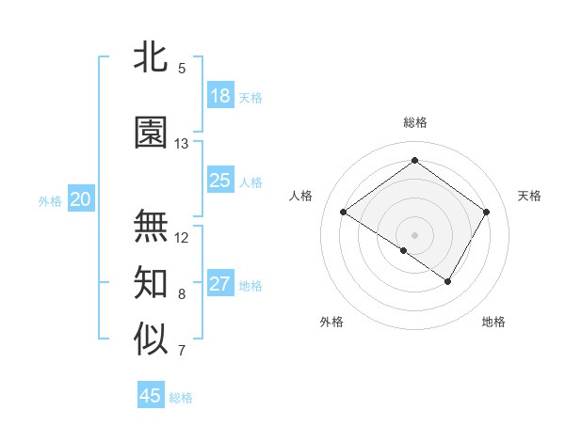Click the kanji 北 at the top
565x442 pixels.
(x=152, y=57)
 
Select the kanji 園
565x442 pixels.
(x=152, y=133)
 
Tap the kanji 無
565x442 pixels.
(x=152, y=226)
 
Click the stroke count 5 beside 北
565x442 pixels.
(x=182, y=69)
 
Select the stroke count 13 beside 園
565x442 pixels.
(x=182, y=144)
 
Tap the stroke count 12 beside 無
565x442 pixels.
(x=182, y=238)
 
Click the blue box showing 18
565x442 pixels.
(x=220, y=96)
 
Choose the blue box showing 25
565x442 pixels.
(x=220, y=181)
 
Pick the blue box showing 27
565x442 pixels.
(x=220, y=284)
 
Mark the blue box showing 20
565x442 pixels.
(x=81, y=199)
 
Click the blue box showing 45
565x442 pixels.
(x=151, y=396)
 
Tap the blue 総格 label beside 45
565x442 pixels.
(x=181, y=398)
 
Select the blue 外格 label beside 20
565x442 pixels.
(x=50, y=200)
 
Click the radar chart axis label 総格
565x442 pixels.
(x=415, y=122)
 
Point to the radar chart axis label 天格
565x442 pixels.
(x=529, y=196)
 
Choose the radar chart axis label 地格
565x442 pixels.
(x=493, y=322)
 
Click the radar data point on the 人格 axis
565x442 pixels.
(x=344, y=213)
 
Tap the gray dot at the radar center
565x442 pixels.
(x=414, y=233)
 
